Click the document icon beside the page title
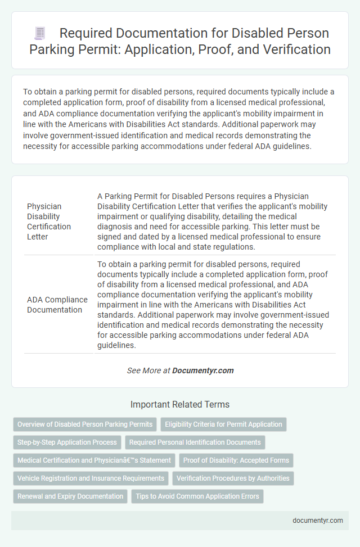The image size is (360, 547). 40,33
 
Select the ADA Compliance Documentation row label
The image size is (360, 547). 57,304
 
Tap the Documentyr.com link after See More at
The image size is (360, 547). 202,370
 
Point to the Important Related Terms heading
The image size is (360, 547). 179,404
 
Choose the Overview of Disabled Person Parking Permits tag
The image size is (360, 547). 84,424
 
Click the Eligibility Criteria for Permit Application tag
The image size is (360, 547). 223,424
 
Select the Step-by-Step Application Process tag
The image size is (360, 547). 67,442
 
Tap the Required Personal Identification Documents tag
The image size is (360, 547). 195,442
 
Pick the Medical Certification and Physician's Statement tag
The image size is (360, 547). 94,460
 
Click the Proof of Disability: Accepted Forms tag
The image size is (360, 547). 236,460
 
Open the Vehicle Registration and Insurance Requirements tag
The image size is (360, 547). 91,478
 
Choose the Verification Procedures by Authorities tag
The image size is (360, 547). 233,478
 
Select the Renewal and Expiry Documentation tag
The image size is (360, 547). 70,496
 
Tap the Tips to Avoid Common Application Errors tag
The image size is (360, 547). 197,496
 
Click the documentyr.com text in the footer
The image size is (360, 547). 318,520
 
